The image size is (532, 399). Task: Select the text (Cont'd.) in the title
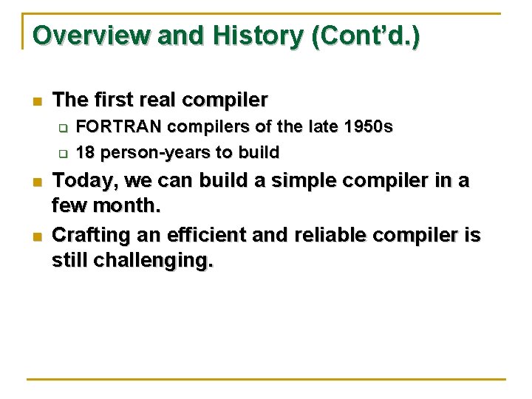(x=366, y=35)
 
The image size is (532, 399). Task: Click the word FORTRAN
(x=119, y=127)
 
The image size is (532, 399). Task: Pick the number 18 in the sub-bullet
(x=86, y=153)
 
